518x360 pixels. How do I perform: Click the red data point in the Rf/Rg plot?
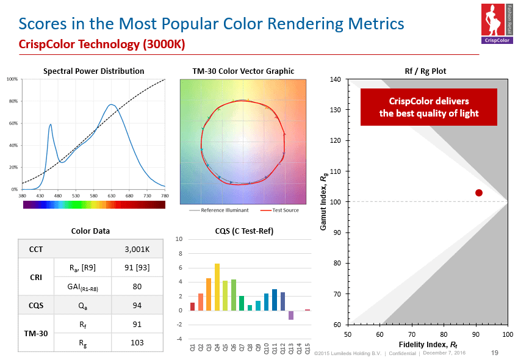(x=479, y=193)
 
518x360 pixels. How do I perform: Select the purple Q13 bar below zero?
(x=291, y=315)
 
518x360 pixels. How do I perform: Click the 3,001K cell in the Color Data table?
(x=137, y=250)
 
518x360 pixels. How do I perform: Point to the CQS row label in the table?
(x=36, y=304)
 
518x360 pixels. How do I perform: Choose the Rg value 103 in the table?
(x=137, y=342)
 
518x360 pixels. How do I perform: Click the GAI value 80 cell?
(x=137, y=286)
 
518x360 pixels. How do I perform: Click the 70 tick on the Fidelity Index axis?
(x=412, y=334)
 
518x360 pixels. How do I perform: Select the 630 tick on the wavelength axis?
(x=112, y=196)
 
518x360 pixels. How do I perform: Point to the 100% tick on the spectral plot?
(x=12, y=79)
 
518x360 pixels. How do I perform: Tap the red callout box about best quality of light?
(x=428, y=107)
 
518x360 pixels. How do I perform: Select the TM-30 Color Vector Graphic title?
(x=243, y=71)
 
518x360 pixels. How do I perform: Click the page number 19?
(x=495, y=352)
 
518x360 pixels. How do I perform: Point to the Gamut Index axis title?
(x=324, y=202)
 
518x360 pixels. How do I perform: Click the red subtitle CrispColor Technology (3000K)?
(x=101, y=45)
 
